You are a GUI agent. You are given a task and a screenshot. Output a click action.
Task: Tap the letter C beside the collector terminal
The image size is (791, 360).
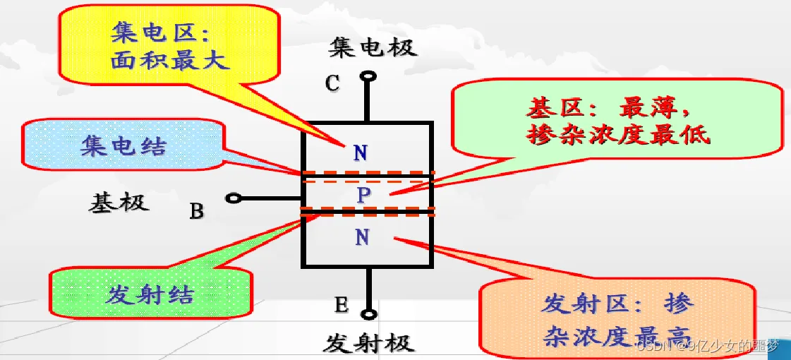point(332,83)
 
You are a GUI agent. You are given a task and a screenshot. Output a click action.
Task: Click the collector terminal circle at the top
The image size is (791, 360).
point(368,76)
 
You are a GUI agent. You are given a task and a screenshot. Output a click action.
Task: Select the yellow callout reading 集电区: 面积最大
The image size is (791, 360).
point(169,47)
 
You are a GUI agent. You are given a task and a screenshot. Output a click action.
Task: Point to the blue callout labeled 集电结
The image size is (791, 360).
point(123,147)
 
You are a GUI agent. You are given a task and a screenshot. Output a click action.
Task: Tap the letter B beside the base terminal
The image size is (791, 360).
point(197,210)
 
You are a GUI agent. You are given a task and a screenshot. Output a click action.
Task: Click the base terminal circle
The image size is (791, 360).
point(234,199)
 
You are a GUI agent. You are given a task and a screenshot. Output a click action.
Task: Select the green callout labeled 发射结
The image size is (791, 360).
point(150,294)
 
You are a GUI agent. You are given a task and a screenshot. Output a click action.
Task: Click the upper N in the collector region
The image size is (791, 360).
point(360,152)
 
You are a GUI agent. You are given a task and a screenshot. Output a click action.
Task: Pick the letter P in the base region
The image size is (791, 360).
point(363,195)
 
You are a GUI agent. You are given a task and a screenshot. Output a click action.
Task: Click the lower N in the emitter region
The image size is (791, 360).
point(362,237)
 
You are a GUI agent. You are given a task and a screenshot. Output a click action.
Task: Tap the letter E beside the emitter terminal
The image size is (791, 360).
point(341,305)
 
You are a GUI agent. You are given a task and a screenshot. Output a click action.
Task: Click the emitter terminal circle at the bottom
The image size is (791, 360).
point(368,315)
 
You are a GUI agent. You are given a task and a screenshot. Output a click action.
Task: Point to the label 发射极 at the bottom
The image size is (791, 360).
point(369,344)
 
